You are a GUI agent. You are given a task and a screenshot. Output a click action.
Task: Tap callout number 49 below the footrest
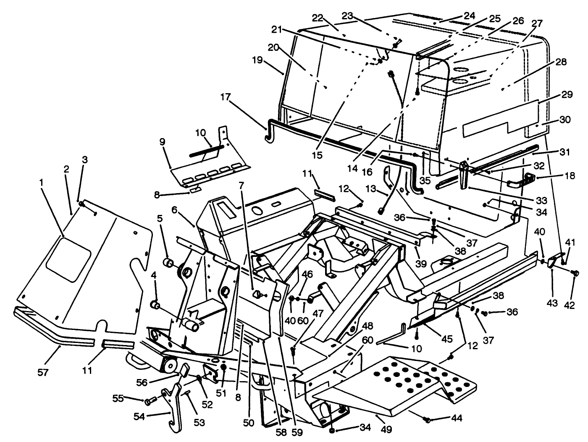383,430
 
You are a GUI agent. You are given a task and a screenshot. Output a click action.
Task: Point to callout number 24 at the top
469,16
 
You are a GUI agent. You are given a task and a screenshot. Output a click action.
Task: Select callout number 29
567,95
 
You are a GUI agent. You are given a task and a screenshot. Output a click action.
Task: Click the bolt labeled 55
149,402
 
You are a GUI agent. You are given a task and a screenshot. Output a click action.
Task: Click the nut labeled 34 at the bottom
332,431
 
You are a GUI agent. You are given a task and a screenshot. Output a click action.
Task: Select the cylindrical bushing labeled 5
169,263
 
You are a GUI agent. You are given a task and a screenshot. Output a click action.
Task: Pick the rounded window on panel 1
68,263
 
